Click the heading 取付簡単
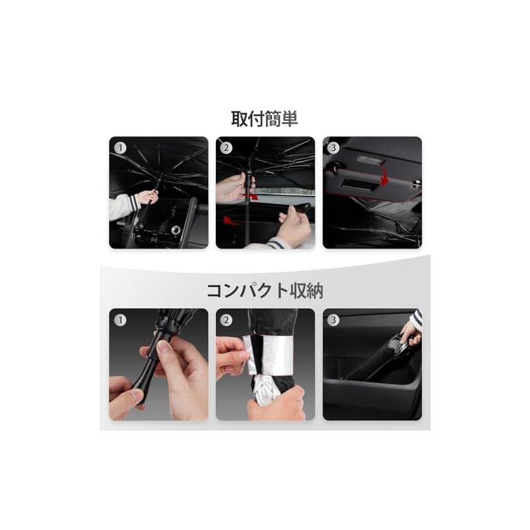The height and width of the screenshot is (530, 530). coord(264,119)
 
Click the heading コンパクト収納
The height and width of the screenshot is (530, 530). coord(264,291)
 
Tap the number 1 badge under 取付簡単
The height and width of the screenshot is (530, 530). coord(120,148)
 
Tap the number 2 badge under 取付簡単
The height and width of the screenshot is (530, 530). coord(226,148)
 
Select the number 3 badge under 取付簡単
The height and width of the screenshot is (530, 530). coord(333,148)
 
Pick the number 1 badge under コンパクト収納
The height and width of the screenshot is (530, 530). coord(120,320)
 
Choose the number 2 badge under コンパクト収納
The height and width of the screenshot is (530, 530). coord(226,320)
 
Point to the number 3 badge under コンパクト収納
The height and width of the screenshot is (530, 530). coord(333,320)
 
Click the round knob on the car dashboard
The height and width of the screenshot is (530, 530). coord(176,230)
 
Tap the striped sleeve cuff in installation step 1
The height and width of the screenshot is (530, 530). coord(134,202)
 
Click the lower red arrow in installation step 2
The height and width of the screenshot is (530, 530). coord(230,221)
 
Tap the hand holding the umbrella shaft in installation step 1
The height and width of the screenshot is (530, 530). coord(148,196)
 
